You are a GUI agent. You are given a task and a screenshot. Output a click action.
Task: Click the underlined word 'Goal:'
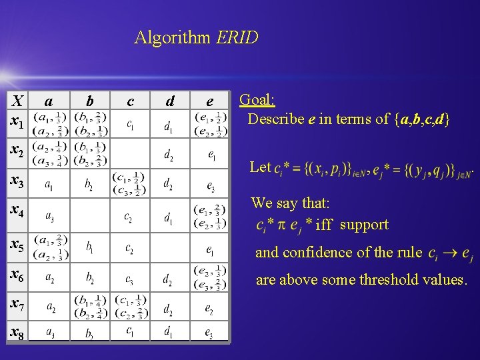click(257, 100)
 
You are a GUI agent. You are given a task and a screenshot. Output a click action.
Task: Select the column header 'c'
click(130, 101)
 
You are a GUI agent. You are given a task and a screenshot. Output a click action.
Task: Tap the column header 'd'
click(170, 101)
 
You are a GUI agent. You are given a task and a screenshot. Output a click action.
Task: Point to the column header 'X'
click(18, 101)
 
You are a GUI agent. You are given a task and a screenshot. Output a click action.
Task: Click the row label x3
click(17, 181)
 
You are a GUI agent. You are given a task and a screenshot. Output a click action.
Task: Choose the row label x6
click(17, 274)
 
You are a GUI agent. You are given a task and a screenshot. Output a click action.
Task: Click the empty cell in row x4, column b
click(90, 215)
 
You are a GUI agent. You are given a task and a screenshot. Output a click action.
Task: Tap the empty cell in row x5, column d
click(170, 247)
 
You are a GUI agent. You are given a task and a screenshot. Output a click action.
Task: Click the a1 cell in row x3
click(50, 184)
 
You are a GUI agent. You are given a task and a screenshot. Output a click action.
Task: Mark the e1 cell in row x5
click(210, 249)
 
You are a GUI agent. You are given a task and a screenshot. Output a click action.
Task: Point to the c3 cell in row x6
click(130, 277)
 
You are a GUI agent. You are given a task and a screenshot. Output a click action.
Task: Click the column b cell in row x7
click(90, 307)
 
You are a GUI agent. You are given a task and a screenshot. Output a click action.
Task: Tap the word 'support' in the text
click(364, 224)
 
